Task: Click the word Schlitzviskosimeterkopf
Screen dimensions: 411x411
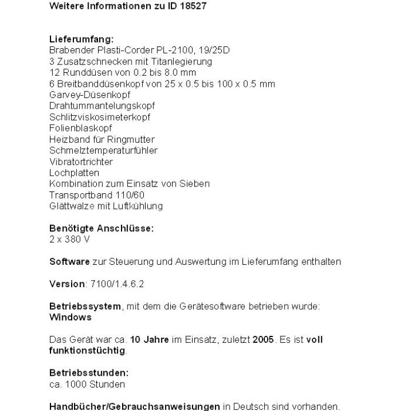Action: (x=100, y=117)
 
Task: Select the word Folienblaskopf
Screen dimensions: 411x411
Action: (x=80, y=128)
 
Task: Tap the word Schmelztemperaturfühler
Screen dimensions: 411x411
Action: (x=103, y=150)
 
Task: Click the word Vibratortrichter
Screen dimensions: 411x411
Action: (x=81, y=161)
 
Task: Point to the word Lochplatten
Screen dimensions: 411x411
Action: (x=74, y=173)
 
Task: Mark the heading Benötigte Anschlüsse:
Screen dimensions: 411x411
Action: (x=102, y=228)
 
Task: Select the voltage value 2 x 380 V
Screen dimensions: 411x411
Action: (x=70, y=240)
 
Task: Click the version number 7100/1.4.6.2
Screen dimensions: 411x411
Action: (x=117, y=284)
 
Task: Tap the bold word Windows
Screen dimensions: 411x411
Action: (x=70, y=317)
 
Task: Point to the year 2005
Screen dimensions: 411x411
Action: (x=264, y=339)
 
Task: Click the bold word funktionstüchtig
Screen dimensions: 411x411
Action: (x=87, y=351)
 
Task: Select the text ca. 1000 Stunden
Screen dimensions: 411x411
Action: (x=87, y=384)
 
